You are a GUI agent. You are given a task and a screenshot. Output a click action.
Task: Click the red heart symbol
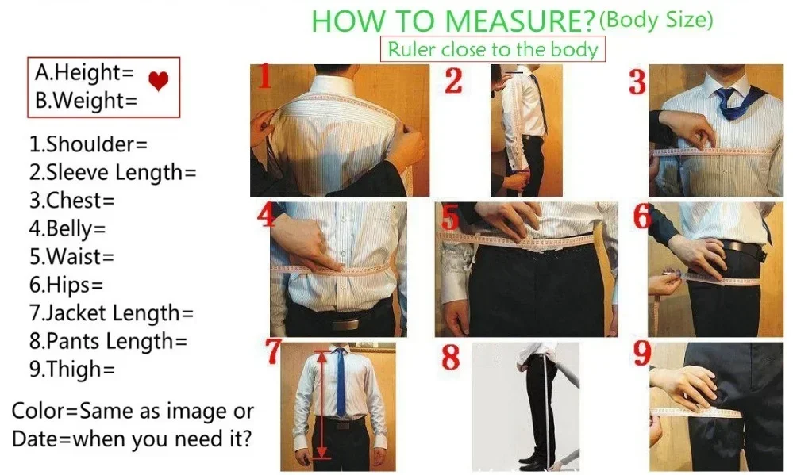pyautogui.click(x=159, y=81)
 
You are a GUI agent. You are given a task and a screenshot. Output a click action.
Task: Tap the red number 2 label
pyautogui.click(x=453, y=81)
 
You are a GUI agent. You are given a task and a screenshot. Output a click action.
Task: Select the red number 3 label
pyautogui.click(x=637, y=82)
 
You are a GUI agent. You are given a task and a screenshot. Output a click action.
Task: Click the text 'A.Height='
pyautogui.click(x=84, y=73)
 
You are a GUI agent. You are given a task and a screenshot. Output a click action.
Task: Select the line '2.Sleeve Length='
pyautogui.click(x=112, y=172)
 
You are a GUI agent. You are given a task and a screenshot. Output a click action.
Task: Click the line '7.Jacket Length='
pyautogui.click(x=111, y=312)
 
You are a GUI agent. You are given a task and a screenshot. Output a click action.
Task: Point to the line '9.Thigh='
pyautogui.click(x=72, y=369)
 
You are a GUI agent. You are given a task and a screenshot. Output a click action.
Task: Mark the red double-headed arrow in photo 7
pyautogui.click(x=321, y=404)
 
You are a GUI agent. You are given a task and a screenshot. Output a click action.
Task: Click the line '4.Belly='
pyautogui.click(x=67, y=228)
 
